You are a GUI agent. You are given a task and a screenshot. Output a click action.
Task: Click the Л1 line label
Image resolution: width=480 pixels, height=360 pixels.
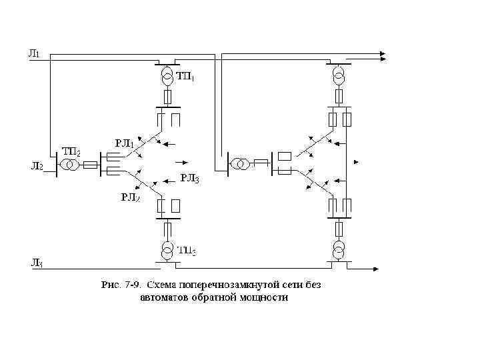pos(34,54)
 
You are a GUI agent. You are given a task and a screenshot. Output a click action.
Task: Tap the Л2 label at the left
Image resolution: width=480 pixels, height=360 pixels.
pos(35,166)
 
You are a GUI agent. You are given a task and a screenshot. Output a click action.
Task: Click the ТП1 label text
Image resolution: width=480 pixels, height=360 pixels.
pos(186,77)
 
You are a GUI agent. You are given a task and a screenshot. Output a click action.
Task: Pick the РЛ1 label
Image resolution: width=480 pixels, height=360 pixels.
pos(125,143)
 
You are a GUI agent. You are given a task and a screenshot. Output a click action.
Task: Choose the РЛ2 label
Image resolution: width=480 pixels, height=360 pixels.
pos(129,197)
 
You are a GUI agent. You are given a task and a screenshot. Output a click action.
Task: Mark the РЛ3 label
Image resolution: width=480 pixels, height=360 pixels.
pos(190,178)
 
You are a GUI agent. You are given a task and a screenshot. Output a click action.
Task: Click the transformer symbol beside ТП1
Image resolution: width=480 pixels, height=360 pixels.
pos(167,76)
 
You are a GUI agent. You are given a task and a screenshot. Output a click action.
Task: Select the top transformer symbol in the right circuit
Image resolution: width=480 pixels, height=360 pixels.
pos(340,75)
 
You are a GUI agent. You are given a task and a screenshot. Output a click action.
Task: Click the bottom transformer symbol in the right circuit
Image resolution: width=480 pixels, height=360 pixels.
pos(340,249)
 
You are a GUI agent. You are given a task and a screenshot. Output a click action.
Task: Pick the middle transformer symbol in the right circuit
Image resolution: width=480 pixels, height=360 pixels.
pos(240,163)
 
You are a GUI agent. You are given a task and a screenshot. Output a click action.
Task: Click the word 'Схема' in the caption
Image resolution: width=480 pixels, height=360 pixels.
pos(164,285)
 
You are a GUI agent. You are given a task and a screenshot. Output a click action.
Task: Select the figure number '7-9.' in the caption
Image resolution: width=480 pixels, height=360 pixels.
pos(131,285)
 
